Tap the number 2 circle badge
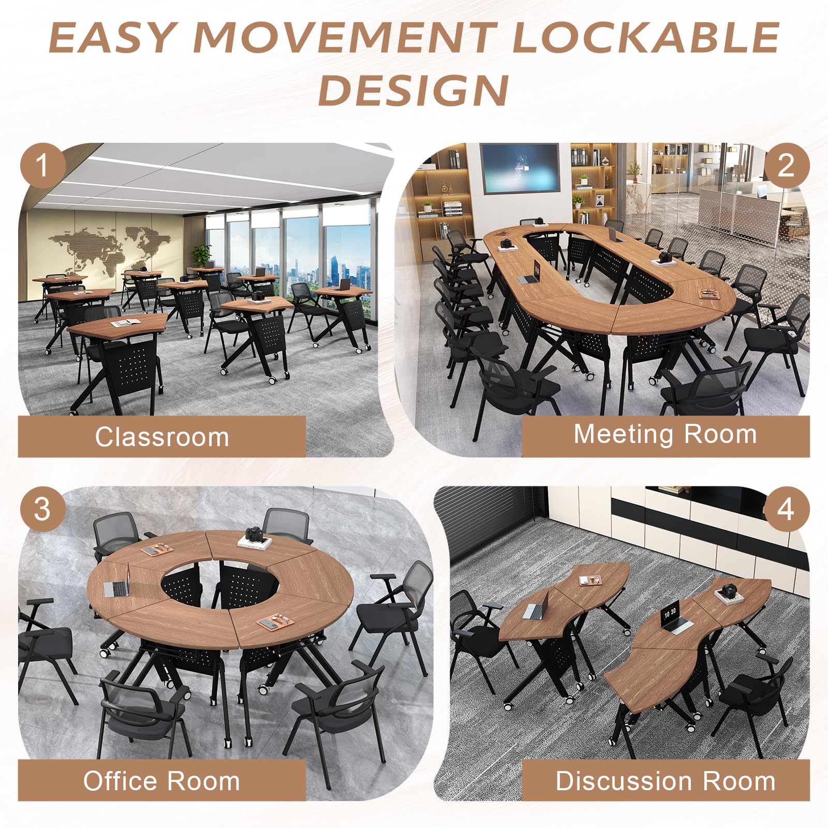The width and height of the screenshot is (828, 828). pyautogui.click(x=786, y=166)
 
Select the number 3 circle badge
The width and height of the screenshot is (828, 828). pyautogui.click(x=42, y=509)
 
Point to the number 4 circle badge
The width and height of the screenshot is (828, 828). pyautogui.click(x=786, y=509)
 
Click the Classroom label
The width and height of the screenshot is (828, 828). pyautogui.click(x=162, y=437)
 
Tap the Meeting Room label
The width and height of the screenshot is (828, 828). pyautogui.click(x=666, y=434)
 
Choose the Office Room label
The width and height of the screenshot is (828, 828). pyautogui.click(x=162, y=780)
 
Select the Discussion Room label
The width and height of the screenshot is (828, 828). pyautogui.click(x=666, y=780)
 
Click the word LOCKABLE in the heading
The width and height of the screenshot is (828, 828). pyautogui.click(x=645, y=37)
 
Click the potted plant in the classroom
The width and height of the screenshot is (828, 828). pyautogui.click(x=201, y=255)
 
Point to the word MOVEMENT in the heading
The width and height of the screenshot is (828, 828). pyautogui.click(x=344, y=37)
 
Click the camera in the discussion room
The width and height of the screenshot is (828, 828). pyautogui.click(x=730, y=589)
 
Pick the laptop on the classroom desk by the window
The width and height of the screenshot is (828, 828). pyautogui.click(x=344, y=284)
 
